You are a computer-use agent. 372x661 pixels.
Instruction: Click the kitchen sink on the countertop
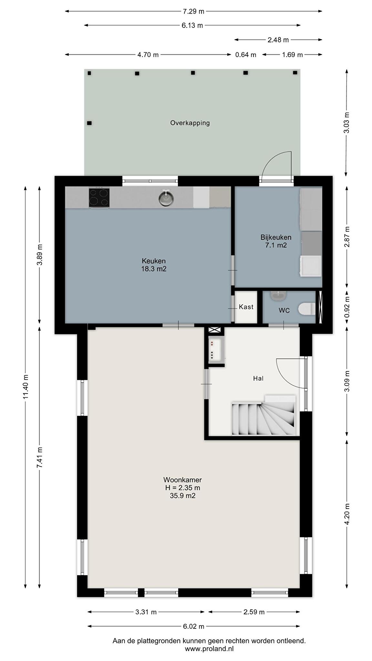(x=165, y=198)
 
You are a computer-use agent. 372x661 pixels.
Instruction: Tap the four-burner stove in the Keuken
(x=99, y=197)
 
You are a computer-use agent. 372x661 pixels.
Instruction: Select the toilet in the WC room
(x=306, y=309)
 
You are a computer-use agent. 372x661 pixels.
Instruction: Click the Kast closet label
(x=246, y=307)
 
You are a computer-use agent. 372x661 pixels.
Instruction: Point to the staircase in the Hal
(x=263, y=415)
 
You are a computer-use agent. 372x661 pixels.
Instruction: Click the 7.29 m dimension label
(x=193, y=12)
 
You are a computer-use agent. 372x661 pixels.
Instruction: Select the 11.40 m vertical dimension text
(x=26, y=386)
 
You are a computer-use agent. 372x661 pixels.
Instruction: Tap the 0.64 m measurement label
(x=246, y=55)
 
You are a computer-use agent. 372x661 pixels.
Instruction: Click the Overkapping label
(x=190, y=123)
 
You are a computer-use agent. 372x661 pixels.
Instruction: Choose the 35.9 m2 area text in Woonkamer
(x=183, y=496)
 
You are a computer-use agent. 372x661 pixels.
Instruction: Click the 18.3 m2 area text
(x=154, y=269)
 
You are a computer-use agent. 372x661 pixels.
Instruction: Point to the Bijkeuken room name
(x=276, y=237)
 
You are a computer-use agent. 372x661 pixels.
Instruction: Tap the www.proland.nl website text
(x=209, y=648)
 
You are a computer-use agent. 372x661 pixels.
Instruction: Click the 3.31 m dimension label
(x=146, y=612)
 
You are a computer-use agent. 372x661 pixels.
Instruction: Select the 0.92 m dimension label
(x=347, y=307)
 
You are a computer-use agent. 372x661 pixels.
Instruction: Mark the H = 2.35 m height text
(x=183, y=488)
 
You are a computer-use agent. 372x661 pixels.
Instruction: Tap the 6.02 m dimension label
(x=193, y=626)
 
